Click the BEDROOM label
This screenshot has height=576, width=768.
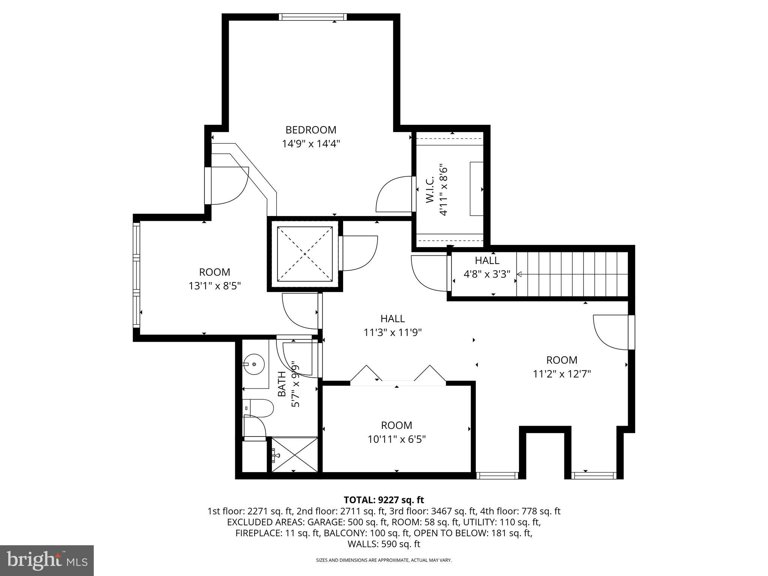coord(311,130)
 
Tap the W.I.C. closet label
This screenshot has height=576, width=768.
coord(430,190)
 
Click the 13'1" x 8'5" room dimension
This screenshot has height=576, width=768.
coord(214,286)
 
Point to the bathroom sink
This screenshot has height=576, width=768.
coord(254,364)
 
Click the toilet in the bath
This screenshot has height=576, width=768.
coord(259,408)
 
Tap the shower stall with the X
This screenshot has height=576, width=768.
coord(295,454)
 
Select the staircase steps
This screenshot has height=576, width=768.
coord(572,274)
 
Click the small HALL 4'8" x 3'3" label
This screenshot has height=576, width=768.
coord(487,267)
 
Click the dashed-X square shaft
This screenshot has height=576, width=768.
coord(304,254)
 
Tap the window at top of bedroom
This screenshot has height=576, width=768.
coord(313,17)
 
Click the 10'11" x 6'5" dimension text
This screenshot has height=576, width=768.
coord(397,439)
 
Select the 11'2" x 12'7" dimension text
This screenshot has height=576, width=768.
coord(562,374)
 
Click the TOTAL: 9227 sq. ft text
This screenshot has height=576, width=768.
coord(384,500)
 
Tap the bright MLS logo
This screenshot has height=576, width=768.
coord(47,560)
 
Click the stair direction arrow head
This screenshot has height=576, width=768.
coord(519,274)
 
